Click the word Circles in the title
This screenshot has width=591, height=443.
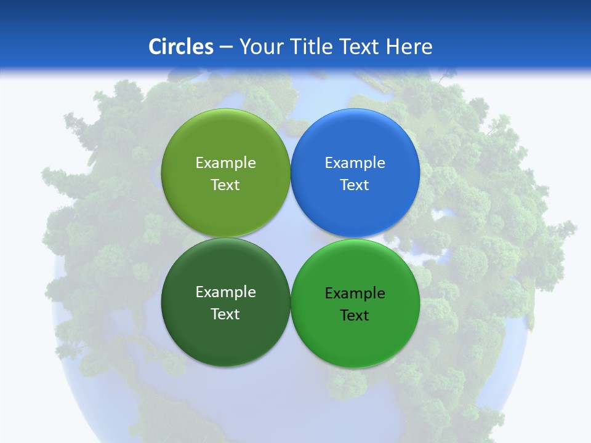tap(180, 47)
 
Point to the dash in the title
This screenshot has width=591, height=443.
tap(226, 47)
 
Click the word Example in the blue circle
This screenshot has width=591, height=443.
tap(355, 163)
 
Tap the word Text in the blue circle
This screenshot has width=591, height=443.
tap(355, 185)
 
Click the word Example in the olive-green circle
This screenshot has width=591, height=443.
tap(225, 163)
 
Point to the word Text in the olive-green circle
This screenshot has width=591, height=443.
tap(225, 185)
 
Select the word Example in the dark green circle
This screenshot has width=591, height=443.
tap(225, 292)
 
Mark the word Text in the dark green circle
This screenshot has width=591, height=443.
tap(225, 314)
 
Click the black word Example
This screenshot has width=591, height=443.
tap(355, 293)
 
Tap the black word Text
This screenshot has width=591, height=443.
tap(355, 316)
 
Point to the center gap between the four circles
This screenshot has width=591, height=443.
tap(290, 237)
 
